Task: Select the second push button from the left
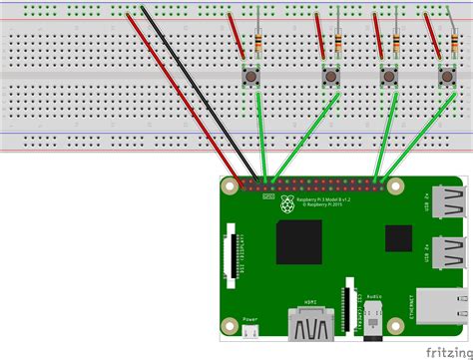click(x=330, y=76)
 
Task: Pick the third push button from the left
click(x=387, y=76)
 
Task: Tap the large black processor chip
click(x=299, y=242)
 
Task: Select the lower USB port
click(x=445, y=257)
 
